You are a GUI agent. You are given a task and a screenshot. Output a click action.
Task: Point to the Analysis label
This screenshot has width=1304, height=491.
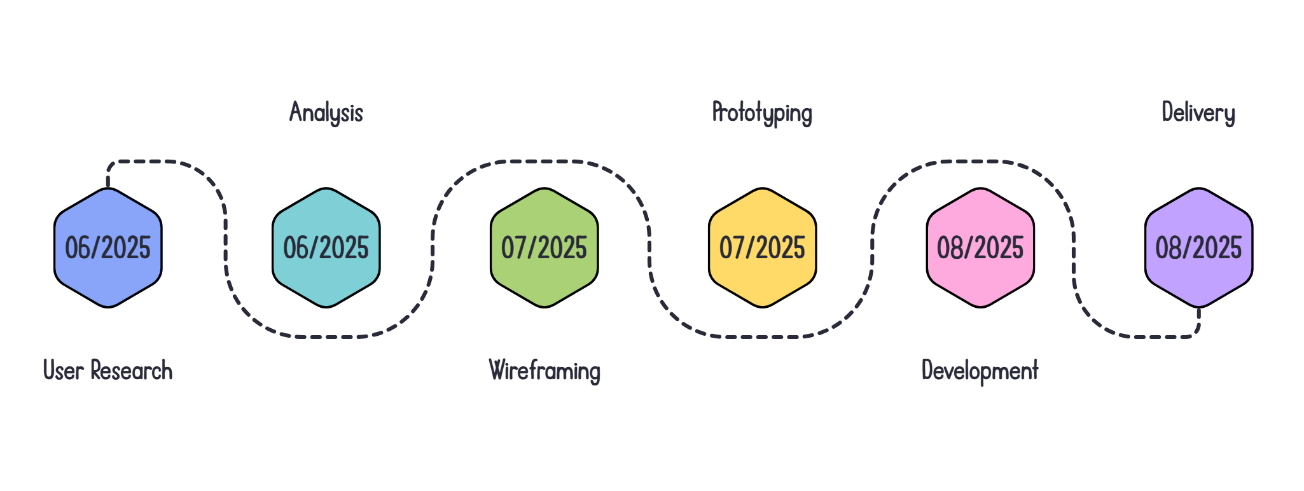pyautogui.click(x=326, y=113)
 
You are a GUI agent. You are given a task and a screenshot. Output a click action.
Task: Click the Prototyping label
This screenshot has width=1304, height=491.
pyautogui.click(x=762, y=113)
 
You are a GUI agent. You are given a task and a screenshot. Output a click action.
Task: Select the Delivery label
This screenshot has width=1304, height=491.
pyautogui.click(x=1198, y=113)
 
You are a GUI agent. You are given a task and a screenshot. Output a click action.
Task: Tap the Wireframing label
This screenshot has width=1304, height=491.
pyautogui.click(x=544, y=371)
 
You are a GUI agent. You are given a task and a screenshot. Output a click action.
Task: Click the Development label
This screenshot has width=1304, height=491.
pyautogui.click(x=980, y=371)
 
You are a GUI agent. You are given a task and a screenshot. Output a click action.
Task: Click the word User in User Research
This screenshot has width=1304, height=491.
pyautogui.click(x=63, y=371)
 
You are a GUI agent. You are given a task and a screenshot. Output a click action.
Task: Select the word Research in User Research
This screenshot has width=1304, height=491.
pyautogui.click(x=132, y=371)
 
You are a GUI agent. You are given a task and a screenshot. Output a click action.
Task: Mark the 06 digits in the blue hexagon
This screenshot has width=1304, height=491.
pyautogui.click(x=78, y=248)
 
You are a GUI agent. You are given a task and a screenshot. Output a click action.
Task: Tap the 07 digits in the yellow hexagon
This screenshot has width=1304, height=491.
pyautogui.click(x=732, y=248)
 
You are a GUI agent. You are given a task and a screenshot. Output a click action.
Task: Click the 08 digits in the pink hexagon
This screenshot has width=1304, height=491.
pyautogui.click(x=950, y=248)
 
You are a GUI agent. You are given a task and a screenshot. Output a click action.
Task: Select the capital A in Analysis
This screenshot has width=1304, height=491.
pyautogui.click(x=295, y=112)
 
